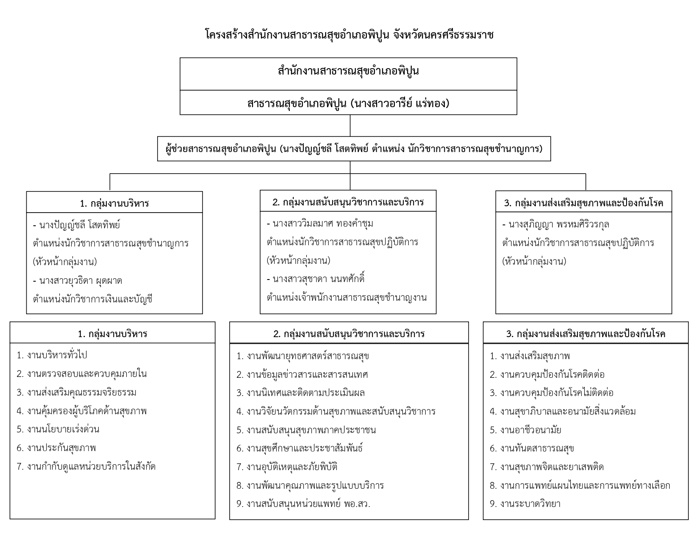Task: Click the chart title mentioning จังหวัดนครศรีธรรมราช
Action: click(x=349, y=34)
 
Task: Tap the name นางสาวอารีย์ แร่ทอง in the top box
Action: click(x=400, y=103)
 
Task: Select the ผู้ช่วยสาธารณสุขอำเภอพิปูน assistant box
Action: click(x=354, y=149)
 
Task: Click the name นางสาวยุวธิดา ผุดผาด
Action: click(x=80, y=280)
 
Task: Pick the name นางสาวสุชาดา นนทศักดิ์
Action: click(x=319, y=279)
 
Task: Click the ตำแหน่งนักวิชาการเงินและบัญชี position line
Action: click(x=92, y=299)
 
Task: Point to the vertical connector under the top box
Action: click(x=350, y=125)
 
